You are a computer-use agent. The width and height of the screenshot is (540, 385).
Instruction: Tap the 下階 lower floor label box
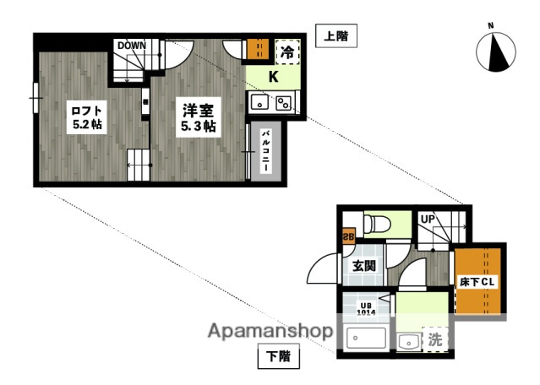278,357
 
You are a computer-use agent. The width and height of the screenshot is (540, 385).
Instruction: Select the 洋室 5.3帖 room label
198,117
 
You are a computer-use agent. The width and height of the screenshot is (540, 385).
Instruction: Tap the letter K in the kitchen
273,77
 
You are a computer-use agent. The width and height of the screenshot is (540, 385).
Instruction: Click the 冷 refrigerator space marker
287,51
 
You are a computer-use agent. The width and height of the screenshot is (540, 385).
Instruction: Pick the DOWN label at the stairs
133,46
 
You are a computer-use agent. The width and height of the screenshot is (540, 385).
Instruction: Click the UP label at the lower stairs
428,219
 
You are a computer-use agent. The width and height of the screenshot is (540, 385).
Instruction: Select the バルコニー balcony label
265,152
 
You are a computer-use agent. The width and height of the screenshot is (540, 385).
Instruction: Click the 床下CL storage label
478,281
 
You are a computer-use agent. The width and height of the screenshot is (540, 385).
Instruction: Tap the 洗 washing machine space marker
434,340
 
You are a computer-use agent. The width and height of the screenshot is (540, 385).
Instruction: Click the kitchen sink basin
260,103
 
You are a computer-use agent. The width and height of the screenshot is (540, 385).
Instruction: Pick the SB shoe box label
347,237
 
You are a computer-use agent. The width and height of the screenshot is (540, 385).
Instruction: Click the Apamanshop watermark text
268,330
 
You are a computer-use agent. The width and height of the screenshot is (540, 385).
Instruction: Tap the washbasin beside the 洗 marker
409,342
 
